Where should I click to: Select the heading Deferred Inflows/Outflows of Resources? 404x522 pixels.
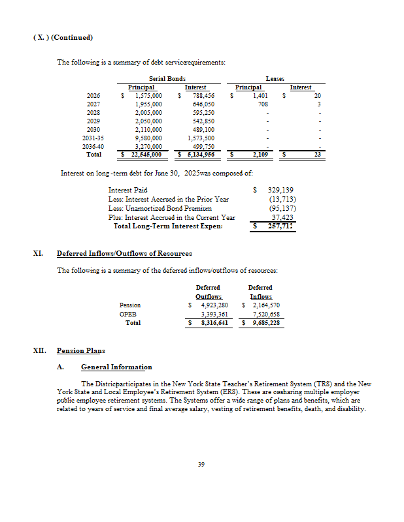click(124, 253)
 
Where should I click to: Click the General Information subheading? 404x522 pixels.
click(116, 367)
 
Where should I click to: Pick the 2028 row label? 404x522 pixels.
click(93, 112)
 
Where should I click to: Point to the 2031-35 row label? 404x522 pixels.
click(92, 138)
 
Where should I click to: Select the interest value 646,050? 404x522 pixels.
click(201, 104)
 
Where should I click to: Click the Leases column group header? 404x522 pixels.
click(275, 78)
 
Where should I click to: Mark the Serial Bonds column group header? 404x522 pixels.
click(167, 78)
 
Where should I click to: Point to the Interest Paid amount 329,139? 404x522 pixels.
click(280, 190)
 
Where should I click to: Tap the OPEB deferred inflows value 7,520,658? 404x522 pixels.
click(266, 313)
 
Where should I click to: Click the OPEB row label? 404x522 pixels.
click(127, 313)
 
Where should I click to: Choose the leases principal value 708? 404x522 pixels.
click(263, 104)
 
